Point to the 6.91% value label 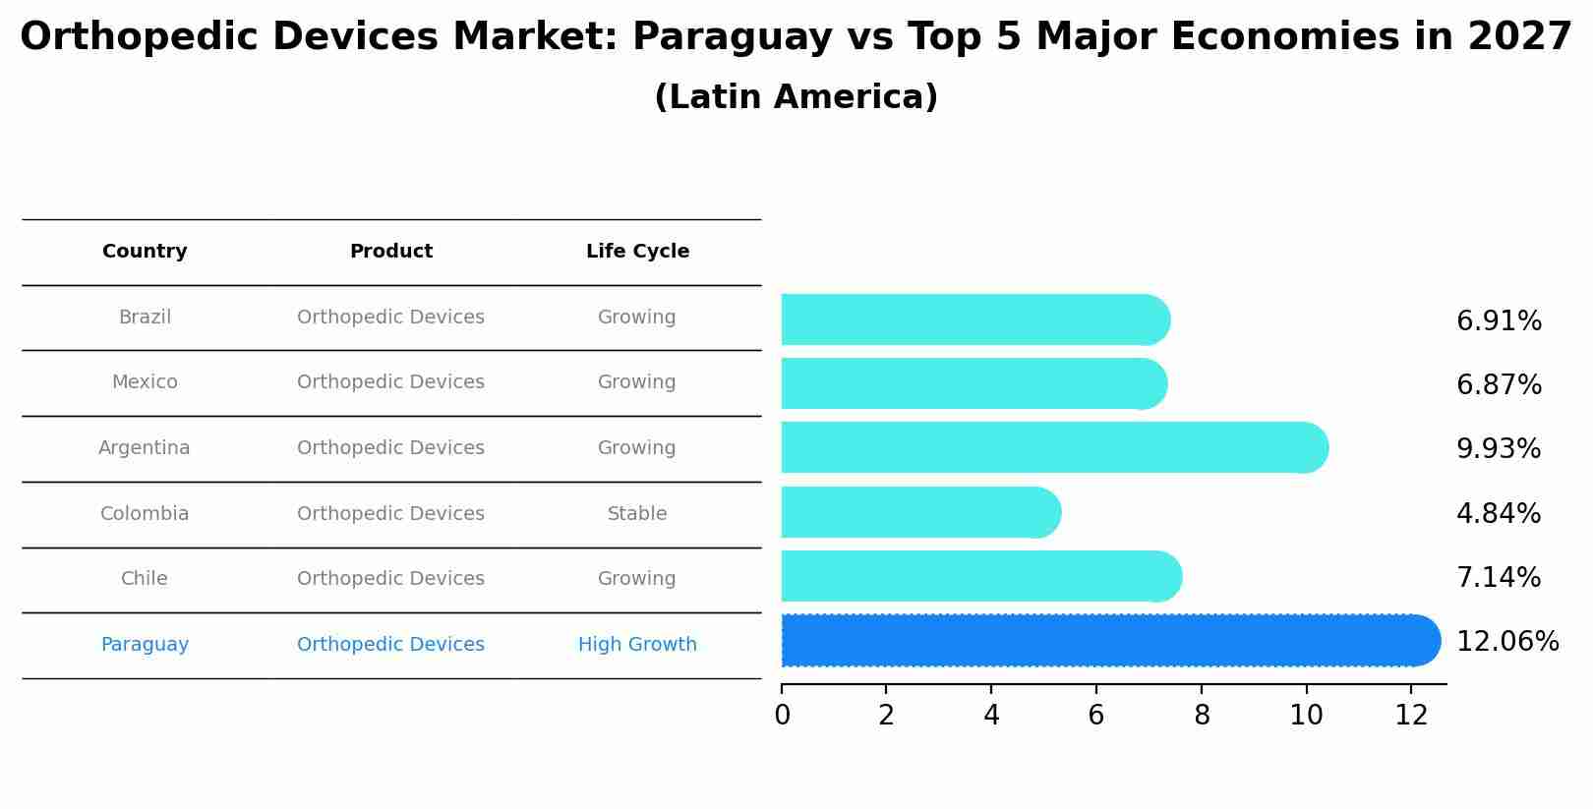(x=1498, y=321)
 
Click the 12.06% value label (x=1506, y=642)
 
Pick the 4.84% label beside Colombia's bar (x=1498, y=514)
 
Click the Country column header (x=145, y=252)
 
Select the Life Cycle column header (x=637, y=252)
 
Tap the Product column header (x=390, y=252)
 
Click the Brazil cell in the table (x=145, y=318)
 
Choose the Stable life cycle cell (x=636, y=514)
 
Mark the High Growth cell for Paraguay (x=636, y=645)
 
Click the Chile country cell (x=145, y=579)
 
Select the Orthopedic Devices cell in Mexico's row (x=390, y=382)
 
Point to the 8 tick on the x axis (x=1201, y=716)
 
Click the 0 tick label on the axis (x=782, y=716)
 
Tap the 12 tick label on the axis (x=1411, y=716)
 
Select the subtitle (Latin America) (x=796, y=97)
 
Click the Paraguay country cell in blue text (x=145, y=645)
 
